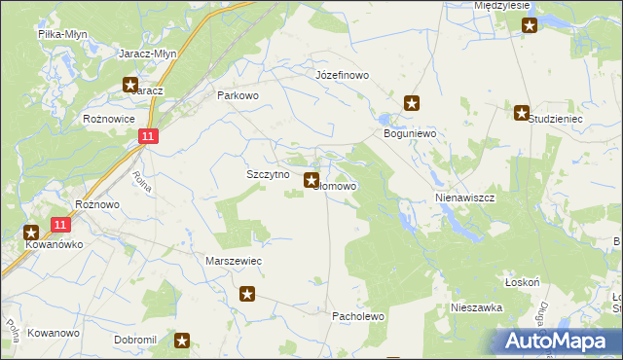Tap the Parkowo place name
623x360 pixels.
point(238,95)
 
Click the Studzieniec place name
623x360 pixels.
point(555,119)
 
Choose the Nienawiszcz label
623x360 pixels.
point(465,197)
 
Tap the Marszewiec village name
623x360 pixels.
point(235,262)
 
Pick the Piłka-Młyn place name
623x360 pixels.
point(61,33)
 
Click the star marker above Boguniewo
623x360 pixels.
point(412,102)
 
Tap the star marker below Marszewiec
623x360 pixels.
point(248,293)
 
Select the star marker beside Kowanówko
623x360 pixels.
point(31,233)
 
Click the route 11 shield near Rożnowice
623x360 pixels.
point(147,138)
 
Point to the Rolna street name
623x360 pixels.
point(142,181)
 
